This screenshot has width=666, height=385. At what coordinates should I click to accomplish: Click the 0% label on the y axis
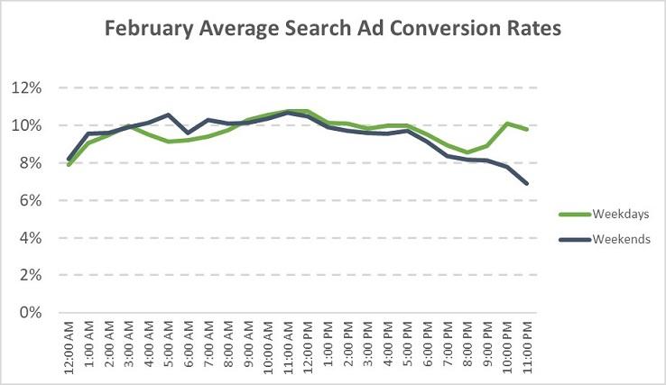point(33,313)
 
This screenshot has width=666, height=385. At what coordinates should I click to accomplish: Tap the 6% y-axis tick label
point(33,200)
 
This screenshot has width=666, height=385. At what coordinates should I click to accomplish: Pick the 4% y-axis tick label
point(33,238)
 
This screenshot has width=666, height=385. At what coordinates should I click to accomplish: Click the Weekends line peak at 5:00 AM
point(168,115)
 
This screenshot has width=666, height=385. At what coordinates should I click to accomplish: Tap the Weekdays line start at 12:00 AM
point(69,165)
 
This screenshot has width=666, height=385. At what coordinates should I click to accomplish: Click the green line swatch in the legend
point(574,215)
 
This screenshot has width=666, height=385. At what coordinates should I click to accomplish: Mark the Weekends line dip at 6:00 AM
point(188,133)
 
